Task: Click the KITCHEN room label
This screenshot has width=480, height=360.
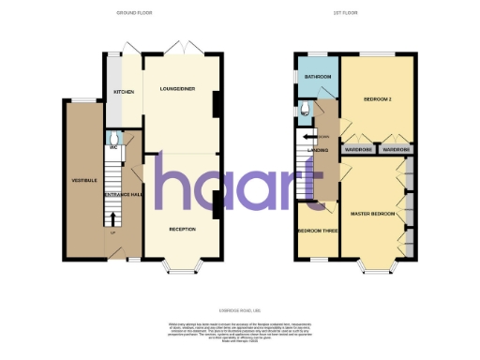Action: (x=123, y=93)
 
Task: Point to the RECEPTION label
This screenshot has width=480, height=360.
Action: (x=182, y=229)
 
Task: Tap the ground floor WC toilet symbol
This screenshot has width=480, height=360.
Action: (x=112, y=134)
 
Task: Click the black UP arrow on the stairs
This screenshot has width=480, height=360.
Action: (x=114, y=219)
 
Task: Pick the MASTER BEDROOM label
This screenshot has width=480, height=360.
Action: (x=370, y=214)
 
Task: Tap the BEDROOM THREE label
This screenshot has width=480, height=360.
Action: (x=314, y=230)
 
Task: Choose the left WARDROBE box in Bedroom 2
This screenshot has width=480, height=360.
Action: (x=359, y=149)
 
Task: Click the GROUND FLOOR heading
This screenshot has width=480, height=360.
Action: (x=134, y=14)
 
